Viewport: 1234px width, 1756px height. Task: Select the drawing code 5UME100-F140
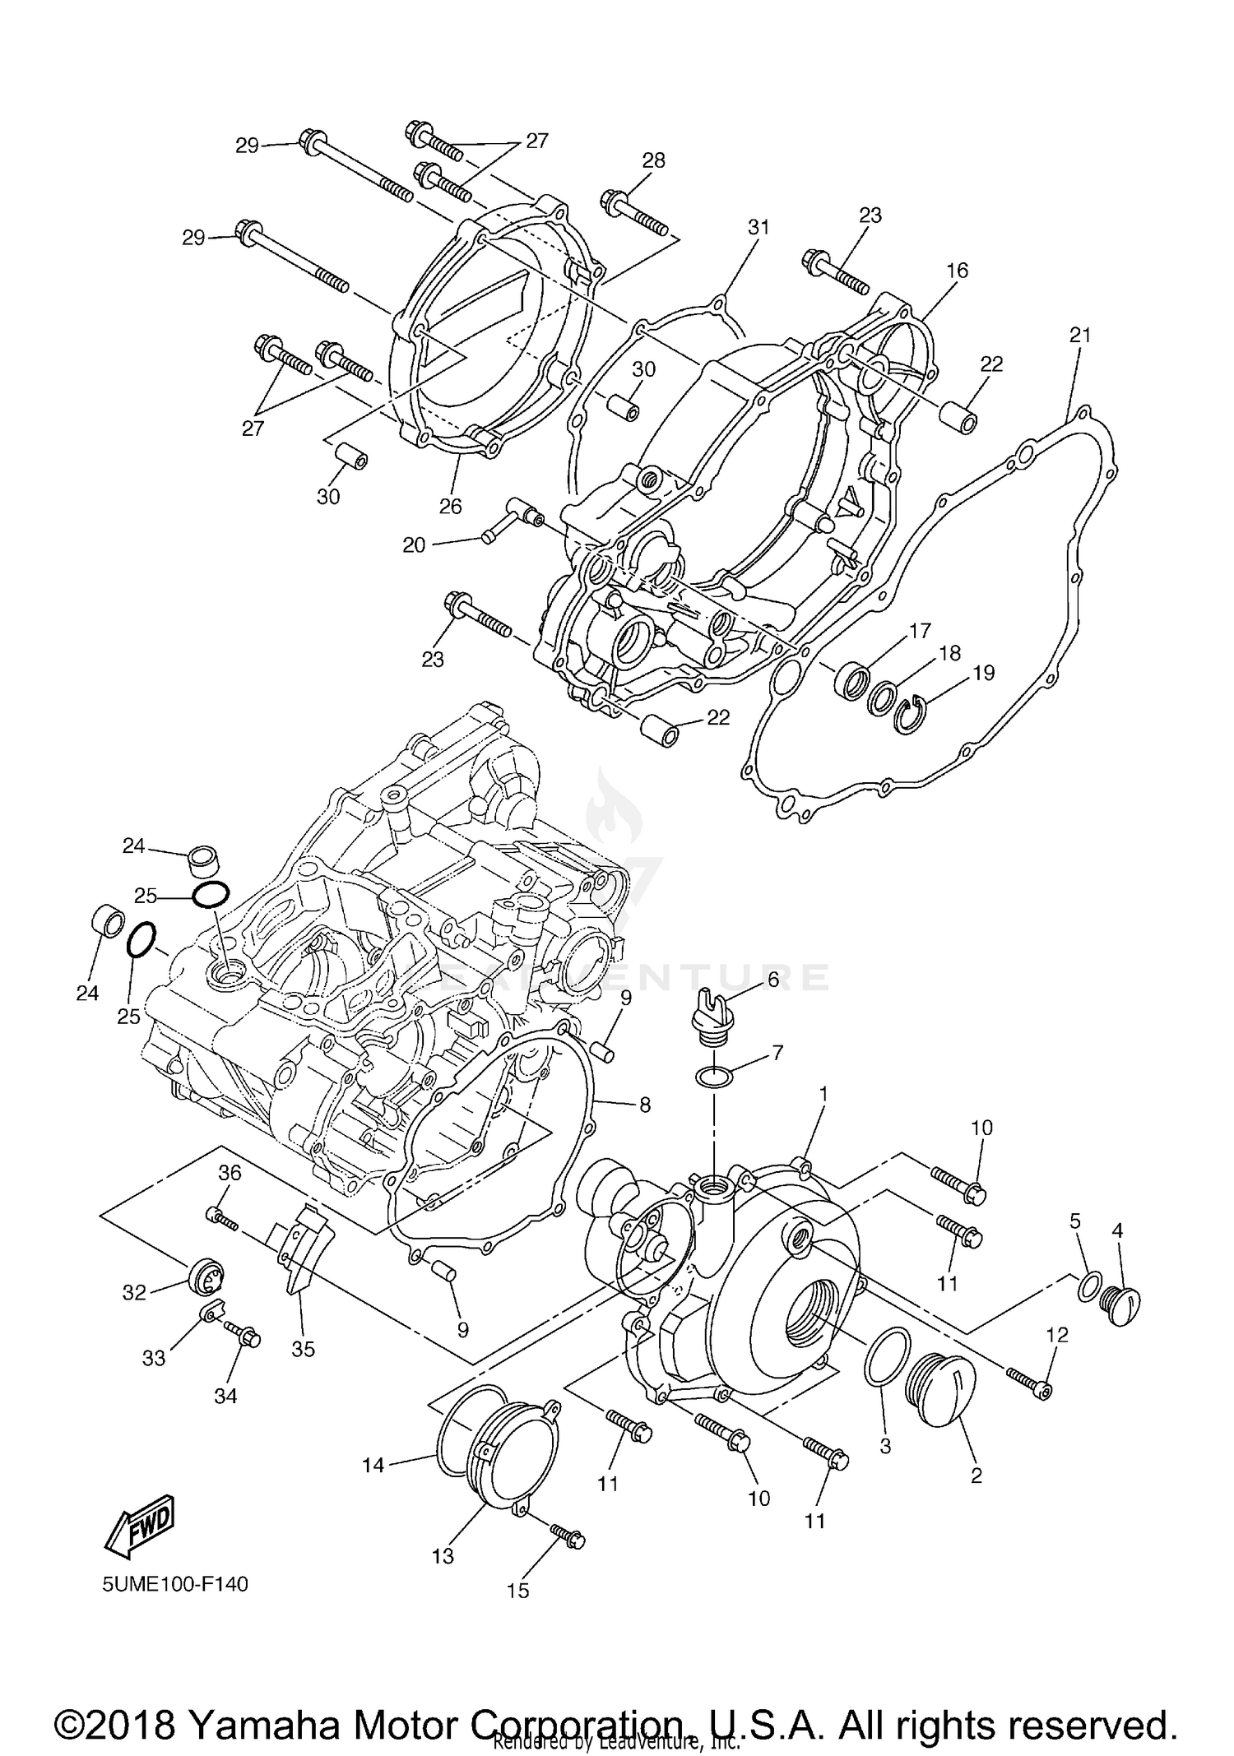tap(174, 1583)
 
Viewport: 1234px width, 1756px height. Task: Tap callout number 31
tap(758, 227)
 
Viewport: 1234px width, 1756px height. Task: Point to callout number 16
tap(957, 270)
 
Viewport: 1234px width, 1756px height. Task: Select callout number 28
tap(653, 160)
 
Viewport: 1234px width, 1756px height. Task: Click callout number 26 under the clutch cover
tap(450, 506)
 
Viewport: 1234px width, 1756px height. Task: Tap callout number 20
tap(414, 544)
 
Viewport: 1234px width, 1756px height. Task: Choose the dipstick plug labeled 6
tap(707, 1017)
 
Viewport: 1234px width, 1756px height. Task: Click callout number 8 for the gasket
tap(644, 1105)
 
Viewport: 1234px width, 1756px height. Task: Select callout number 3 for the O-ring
tap(885, 1446)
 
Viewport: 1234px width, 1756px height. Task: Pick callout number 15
tap(517, 1591)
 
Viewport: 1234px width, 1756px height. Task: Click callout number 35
tap(303, 1349)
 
